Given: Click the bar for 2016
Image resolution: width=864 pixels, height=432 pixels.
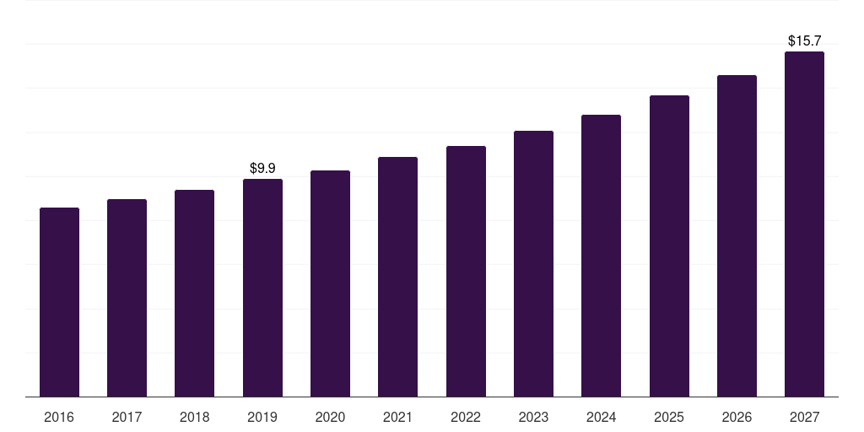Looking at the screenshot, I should [59, 302].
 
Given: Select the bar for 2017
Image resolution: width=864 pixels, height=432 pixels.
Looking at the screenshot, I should [127, 298].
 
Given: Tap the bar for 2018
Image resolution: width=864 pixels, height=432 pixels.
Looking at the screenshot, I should [194, 293].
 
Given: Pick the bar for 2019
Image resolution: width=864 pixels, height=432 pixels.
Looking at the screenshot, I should [262, 288].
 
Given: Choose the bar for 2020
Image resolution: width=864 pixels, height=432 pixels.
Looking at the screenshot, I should [330, 283].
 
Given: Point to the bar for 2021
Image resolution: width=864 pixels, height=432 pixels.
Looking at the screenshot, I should [397, 277].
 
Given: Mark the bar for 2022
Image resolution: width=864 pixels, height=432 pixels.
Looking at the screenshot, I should [466, 271].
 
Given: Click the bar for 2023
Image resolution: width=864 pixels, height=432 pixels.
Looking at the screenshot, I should [533, 263].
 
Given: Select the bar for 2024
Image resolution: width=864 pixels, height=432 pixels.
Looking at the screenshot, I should [601, 256].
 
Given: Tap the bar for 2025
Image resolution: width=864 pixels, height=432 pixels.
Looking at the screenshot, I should [669, 246].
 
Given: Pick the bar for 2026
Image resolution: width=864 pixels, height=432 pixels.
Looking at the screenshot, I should [737, 235].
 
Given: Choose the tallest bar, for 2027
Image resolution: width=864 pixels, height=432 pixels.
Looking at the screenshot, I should [804, 224].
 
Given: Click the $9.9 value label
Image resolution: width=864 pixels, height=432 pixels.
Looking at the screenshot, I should [262, 169].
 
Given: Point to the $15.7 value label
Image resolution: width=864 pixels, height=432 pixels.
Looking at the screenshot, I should [804, 40].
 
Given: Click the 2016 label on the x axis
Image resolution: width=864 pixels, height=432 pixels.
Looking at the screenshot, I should [59, 417].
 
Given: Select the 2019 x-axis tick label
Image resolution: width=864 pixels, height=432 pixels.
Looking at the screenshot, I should [262, 417].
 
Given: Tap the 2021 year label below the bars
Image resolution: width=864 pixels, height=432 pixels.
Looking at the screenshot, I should [397, 417].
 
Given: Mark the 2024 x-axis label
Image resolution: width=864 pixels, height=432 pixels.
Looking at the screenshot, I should [601, 417].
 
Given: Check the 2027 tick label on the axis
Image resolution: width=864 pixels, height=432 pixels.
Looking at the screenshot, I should [804, 417].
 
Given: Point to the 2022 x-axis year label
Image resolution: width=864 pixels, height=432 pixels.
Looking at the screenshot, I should [466, 417].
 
